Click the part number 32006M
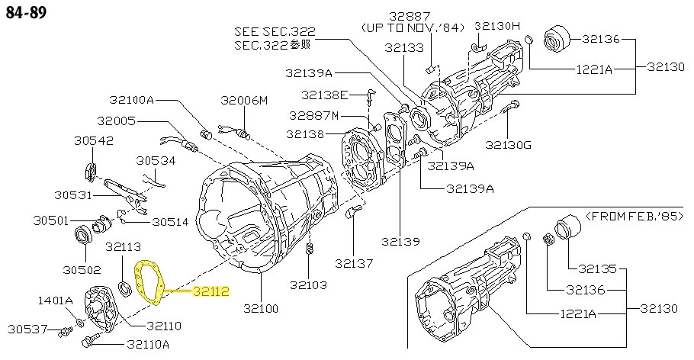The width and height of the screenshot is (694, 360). (x=245, y=100)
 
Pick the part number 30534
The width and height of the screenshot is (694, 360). (x=156, y=161)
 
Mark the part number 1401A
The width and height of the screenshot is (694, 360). (x=56, y=300)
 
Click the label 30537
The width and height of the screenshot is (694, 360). (x=28, y=329)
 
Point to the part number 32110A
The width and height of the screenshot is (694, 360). (x=149, y=344)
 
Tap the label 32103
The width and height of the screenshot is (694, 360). (x=308, y=285)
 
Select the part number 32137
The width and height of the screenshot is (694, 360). (x=353, y=264)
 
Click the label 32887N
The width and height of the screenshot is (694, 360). (x=313, y=115)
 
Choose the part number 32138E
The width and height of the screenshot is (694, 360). (x=324, y=95)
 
